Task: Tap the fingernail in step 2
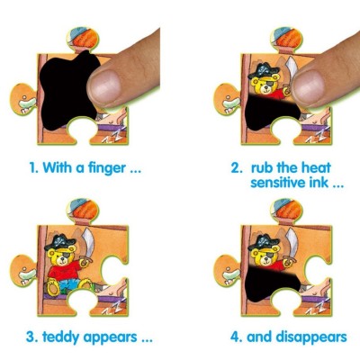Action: tap(308, 87)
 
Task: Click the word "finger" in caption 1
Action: tap(106, 168)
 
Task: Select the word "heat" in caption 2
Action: tap(316, 167)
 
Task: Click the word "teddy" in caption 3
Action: tap(61, 337)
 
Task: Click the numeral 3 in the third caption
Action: tap(30, 337)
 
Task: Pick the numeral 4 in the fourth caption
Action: tap(235, 337)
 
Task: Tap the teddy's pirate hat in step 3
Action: tap(60, 242)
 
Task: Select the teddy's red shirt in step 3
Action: tap(65, 270)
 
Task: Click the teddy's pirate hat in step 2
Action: tap(264, 71)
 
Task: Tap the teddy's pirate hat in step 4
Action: tap(264, 242)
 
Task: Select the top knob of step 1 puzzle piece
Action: tap(83, 40)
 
